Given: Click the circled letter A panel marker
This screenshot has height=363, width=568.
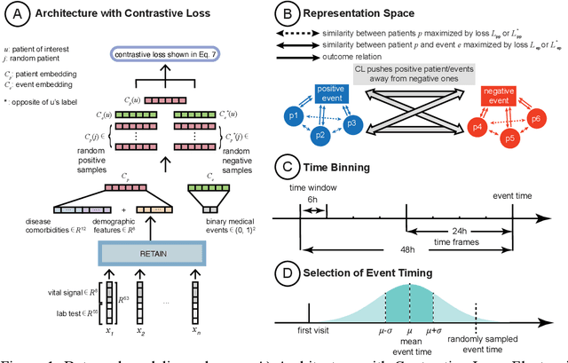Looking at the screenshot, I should point(16,14).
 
